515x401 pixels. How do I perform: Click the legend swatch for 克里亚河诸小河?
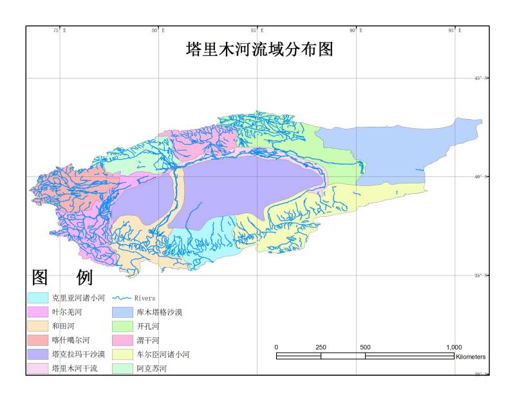coord(37,298)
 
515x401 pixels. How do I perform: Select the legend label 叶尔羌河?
coord(67,312)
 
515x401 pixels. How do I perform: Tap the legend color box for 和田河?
coord(37,326)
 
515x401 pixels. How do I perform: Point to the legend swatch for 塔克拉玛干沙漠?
coord(37,355)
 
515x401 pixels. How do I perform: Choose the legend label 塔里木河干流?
coord(75,369)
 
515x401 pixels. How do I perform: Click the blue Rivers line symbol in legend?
coord(122,298)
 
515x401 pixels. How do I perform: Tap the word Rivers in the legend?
coord(145,298)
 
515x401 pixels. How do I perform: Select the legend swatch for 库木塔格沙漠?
coord(122,312)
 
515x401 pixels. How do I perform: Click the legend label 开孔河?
coord(148,326)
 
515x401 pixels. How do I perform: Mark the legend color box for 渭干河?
coord(122,340)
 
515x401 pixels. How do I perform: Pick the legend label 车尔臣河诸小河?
coord(164,355)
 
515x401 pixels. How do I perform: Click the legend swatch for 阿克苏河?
coord(122,369)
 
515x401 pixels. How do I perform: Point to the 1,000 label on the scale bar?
coord(454,348)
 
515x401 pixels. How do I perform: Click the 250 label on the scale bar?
coord(321,348)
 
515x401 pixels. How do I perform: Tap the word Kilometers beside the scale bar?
coord(470,357)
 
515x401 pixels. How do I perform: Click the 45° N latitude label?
coord(482,78)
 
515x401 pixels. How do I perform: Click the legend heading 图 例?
coord(62,277)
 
